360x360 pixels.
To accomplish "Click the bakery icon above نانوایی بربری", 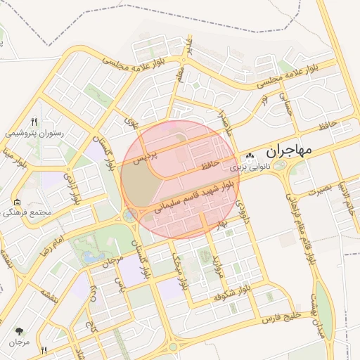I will click(x=250, y=156).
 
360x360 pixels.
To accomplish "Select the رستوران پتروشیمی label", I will click(x=35, y=131).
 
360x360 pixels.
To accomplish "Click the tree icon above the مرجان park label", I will click(x=19, y=330).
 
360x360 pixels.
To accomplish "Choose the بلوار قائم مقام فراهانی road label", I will click(x=294, y=205).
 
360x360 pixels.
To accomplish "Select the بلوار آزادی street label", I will click(x=72, y=187).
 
